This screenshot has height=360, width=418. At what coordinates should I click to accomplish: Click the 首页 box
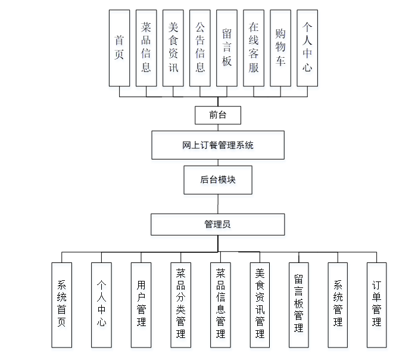[x=119, y=48]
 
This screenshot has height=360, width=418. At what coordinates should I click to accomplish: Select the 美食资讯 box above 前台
[x=173, y=48]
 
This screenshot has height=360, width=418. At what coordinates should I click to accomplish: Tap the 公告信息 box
[x=200, y=48]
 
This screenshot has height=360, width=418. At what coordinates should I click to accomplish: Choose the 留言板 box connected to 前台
[x=227, y=48]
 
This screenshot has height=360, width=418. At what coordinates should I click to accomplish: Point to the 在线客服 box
[x=254, y=48]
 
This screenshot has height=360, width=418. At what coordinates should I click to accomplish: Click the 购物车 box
[x=280, y=48]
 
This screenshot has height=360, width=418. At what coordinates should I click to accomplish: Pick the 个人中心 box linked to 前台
[x=307, y=48]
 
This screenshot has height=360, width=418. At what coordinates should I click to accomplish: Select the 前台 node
[x=217, y=115]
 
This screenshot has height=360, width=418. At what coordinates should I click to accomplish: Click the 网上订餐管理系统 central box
[x=217, y=145]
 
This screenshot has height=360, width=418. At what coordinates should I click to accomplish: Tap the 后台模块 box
[x=217, y=179]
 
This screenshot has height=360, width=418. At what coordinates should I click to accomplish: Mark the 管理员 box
[x=217, y=224]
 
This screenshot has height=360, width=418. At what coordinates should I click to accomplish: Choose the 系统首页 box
[x=61, y=305]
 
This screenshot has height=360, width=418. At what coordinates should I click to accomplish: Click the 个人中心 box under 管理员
[x=101, y=305]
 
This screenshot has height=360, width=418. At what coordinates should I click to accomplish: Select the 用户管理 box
[x=141, y=305]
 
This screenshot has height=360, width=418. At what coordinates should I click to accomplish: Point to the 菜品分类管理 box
[x=180, y=305]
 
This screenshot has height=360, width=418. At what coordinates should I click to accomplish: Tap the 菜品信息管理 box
[x=220, y=305]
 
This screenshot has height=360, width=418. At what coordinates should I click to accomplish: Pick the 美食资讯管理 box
[x=260, y=305]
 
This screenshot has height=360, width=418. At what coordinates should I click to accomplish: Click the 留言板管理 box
[x=299, y=305]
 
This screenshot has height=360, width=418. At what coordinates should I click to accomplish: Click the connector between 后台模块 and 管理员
[x=217, y=204]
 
